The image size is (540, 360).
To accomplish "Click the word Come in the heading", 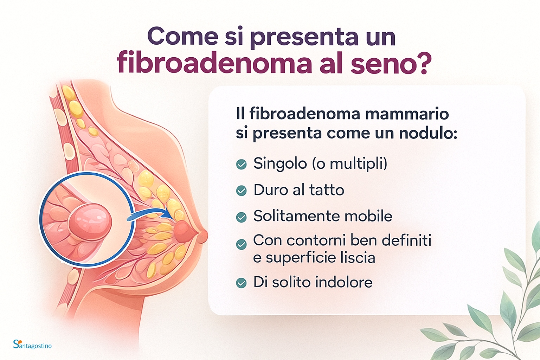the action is (183, 36).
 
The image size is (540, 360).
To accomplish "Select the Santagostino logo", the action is (32, 344).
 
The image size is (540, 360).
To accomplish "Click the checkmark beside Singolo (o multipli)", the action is (241, 165).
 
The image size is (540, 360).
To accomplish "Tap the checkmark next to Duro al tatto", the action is (241, 191).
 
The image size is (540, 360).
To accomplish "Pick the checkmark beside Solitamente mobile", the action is (241, 217).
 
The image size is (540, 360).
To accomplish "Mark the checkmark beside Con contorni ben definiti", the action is (241, 244).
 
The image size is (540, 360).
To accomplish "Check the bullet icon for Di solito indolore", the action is (241, 283).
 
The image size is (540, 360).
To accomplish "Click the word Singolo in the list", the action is (280, 164).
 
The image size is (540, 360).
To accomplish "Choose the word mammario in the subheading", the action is (407, 114).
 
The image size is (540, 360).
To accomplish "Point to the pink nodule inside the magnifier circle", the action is (90, 222).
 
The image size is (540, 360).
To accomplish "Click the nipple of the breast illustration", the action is (203, 236).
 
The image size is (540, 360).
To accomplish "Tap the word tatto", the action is (327, 189).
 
